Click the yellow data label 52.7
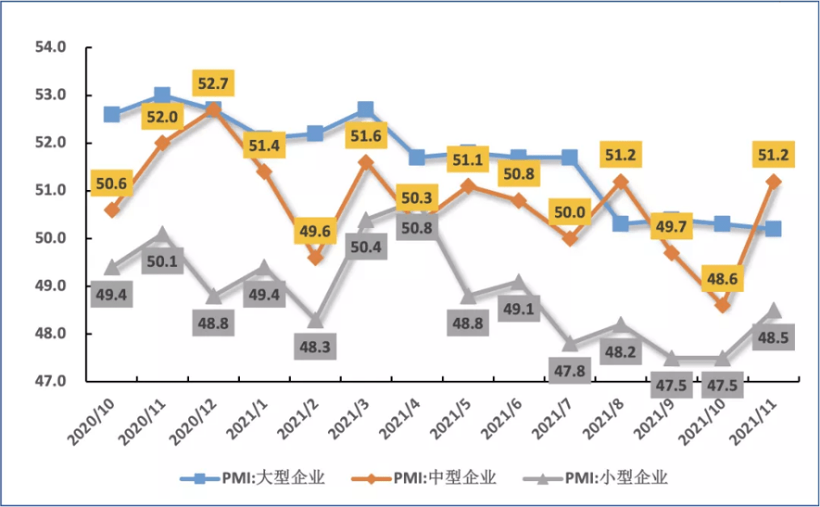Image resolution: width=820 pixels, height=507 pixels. [x=213, y=82]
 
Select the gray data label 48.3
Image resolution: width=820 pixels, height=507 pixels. [x=315, y=348]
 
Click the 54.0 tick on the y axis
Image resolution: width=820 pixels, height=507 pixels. [x=50, y=48]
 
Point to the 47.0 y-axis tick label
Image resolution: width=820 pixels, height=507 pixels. [x=50, y=381]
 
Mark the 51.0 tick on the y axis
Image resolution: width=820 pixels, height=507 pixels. [x=50, y=190]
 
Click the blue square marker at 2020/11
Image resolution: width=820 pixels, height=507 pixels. [x=162, y=95]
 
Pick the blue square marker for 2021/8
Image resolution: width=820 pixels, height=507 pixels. [x=620, y=224]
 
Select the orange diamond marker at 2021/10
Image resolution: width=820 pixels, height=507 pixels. [x=723, y=306]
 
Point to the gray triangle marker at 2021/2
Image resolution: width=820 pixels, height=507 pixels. [x=315, y=320]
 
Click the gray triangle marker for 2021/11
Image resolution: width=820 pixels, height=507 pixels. [x=773, y=311]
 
